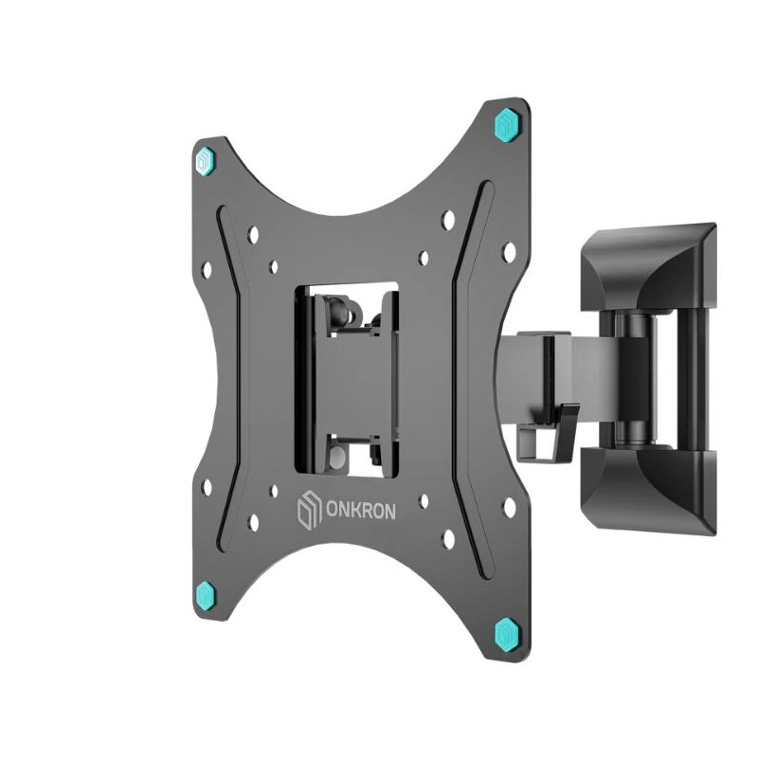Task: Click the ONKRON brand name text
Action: [361, 511]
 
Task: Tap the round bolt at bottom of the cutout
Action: [336, 458]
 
